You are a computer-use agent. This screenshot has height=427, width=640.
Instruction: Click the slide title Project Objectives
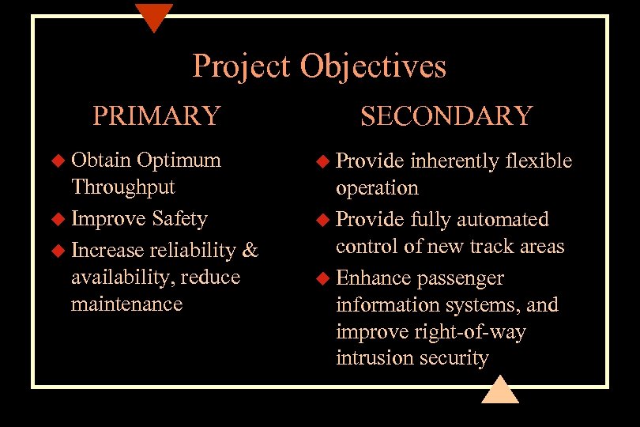point(319,66)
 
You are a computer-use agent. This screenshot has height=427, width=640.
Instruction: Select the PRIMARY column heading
point(156,115)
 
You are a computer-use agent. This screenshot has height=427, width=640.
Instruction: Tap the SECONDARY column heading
point(446,116)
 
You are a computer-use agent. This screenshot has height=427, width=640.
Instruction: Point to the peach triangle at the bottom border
point(500,391)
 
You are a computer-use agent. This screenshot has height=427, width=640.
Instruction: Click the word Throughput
point(123,187)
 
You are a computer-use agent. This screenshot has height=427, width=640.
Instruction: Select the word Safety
point(180,218)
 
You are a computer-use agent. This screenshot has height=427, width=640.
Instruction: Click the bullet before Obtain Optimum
point(58,161)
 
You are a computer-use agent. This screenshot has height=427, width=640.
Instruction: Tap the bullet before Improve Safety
point(58,219)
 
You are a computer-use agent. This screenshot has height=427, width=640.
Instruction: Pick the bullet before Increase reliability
point(58,251)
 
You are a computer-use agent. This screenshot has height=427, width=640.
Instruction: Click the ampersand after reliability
point(250,250)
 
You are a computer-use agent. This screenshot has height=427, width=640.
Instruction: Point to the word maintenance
point(126,304)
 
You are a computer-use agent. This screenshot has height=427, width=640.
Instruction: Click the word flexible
point(538,161)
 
